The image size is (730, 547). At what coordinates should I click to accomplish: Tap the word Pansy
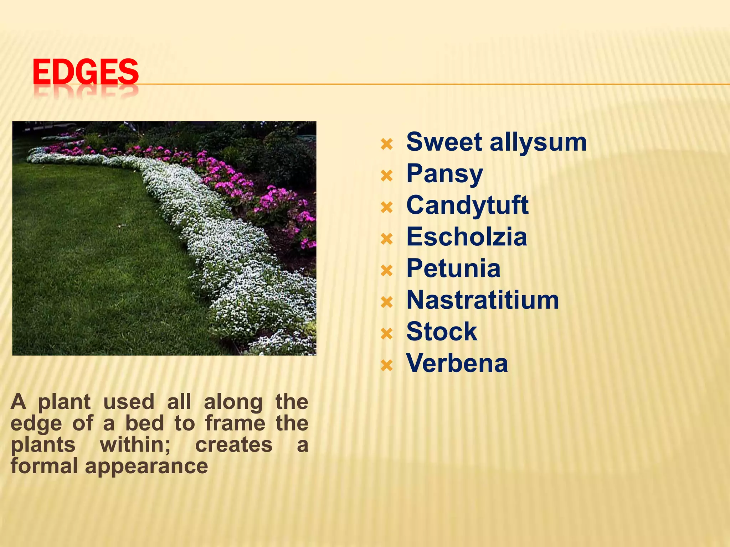pos(444,174)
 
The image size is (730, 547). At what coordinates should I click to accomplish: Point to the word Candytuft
pos(467,205)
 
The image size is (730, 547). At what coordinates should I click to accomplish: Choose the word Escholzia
pos(467,237)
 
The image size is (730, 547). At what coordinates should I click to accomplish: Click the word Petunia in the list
pos(453,268)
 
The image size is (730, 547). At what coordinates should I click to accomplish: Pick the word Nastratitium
pos(483,300)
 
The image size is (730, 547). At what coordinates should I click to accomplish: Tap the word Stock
pos(442,332)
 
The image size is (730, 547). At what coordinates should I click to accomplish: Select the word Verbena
pos(457,363)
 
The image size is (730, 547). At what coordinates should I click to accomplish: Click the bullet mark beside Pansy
pos(387,176)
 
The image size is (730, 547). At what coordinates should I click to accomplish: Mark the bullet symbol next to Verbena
pos(387,365)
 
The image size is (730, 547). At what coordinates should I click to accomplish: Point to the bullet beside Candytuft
pos(387,207)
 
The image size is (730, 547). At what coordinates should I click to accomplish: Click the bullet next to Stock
pos(387,334)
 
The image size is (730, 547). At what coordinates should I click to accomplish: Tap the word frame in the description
pos(235,423)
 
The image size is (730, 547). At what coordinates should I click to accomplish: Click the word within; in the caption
pos(135,445)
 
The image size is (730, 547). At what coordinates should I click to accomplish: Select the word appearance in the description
pos(146,467)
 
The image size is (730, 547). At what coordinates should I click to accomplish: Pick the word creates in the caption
pos(234,445)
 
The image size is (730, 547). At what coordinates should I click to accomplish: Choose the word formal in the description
pos(44,466)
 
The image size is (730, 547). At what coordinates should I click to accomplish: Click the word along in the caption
pos(233,402)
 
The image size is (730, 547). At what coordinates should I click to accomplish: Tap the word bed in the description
pos(144,423)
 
